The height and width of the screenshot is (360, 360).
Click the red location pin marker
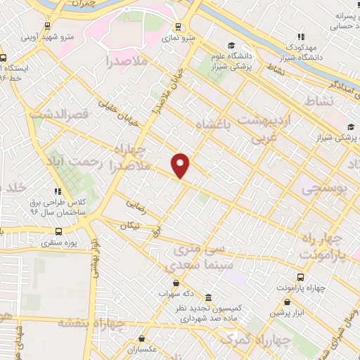[181, 165]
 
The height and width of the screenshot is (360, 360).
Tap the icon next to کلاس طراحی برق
[57, 191]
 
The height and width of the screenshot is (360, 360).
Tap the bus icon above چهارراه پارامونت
[300, 277]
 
